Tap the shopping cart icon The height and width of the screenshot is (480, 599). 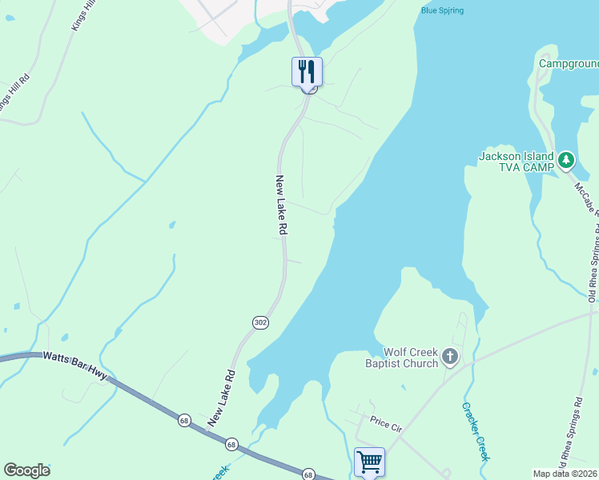click(x=369, y=461)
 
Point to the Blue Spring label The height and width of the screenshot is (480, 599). click(x=442, y=10)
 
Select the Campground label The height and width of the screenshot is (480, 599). click(x=569, y=63)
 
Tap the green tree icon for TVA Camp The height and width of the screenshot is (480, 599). click(x=566, y=160)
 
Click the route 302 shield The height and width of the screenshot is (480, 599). click(x=262, y=322)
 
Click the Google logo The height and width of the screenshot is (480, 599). click(x=26, y=470)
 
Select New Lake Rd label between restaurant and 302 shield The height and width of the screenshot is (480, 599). click(x=281, y=205)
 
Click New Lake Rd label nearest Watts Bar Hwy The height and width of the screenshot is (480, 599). click(x=222, y=397)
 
